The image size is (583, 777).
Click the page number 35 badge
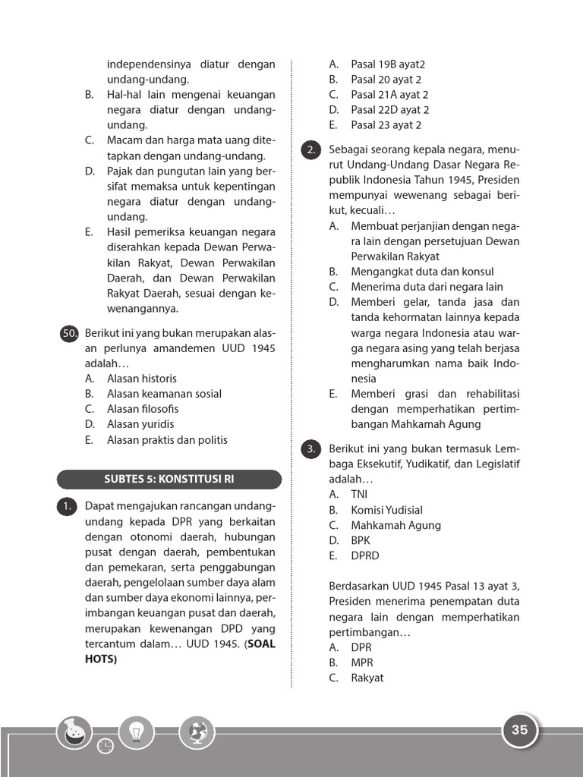coord(519,731)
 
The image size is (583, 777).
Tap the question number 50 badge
coord(69,333)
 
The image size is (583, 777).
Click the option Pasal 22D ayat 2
coord(389,110)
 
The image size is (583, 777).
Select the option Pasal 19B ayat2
coord(387,64)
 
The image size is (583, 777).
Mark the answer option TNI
coord(358,495)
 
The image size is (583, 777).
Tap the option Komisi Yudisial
coord(386,510)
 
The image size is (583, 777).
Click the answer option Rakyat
coord(367,678)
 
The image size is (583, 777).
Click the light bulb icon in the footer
coord(137,733)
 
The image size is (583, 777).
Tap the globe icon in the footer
coord(197,733)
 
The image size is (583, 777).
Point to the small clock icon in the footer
coord(106,746)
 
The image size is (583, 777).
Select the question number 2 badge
coord(310,149)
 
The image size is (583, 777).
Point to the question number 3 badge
coord(310,449)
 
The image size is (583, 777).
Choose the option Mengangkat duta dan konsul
coord(421,272)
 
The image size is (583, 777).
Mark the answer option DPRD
coord(364,555)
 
